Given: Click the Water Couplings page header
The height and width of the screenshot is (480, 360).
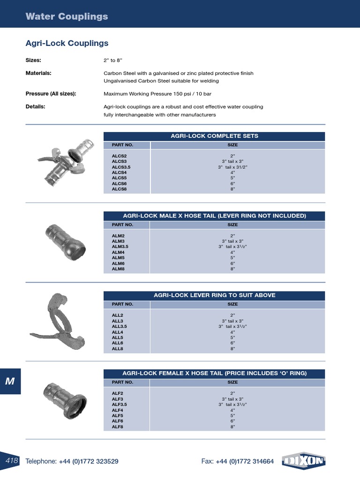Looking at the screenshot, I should click(x=67, y=16).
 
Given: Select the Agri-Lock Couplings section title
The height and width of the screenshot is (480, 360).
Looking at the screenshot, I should click(x=67, y=43).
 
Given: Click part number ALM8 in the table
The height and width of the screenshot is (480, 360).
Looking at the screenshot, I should click(x=118, y=269).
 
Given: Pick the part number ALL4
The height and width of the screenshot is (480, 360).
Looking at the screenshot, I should click(x=117, y=331).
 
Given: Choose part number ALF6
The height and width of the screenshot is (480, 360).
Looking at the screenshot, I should click(x=117, y=421).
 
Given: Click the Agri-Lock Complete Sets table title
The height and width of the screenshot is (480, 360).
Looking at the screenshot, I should click(x=214, y=136).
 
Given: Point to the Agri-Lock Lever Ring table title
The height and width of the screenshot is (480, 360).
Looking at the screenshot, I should click(x=214, y=295).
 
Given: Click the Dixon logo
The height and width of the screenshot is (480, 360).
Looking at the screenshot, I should click(x=304, y=461).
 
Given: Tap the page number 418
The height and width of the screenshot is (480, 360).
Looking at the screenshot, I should click(x=12, y=461).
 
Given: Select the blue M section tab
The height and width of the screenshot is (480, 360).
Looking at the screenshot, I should click(x=10, y=381).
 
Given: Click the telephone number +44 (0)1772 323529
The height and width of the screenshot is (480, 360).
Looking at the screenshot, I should click(x=89, y=461).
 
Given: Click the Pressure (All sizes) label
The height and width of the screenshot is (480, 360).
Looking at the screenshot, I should click(x=51, y=94).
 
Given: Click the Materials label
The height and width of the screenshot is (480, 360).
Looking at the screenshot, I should click(x=38, y=73).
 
